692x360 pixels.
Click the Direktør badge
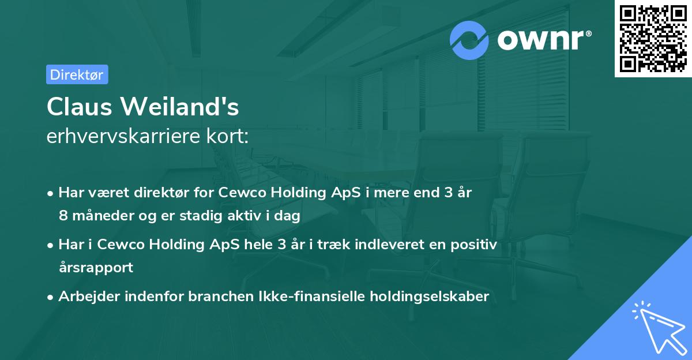(77, 74)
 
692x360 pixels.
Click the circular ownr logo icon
(469, 40)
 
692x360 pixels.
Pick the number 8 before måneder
(62, 216)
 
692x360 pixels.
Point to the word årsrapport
(96, 268)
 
